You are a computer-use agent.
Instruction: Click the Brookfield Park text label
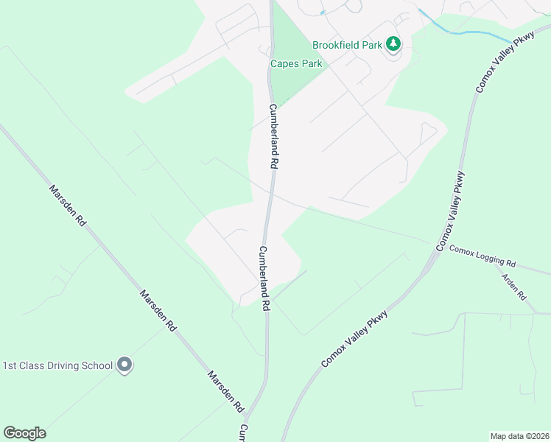click(347, 45)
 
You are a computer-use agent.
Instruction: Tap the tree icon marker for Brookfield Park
click(394, 45)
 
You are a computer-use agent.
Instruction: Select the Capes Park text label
click(295, 64)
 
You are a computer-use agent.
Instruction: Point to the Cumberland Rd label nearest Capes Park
click(273, 137)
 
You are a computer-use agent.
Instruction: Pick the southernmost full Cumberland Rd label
click(265, 278)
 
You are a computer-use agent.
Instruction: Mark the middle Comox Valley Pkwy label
click(450, 211)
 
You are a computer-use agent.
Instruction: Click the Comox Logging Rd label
click(482, 256)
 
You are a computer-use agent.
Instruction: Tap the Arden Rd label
click(513, 285)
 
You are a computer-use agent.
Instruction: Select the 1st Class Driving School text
click(57, 365)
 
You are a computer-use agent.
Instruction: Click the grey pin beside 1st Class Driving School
click(124, 365)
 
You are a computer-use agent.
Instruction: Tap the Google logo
click(24, 433)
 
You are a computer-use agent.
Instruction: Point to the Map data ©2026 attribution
click(519, 436)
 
